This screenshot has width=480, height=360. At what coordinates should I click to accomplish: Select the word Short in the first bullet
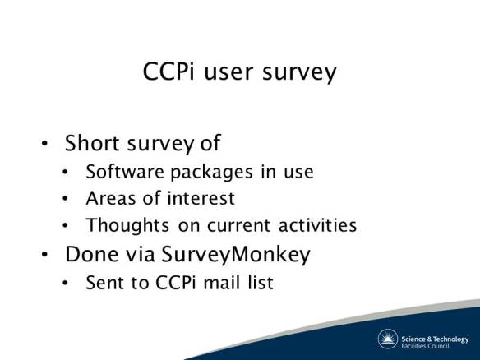(93, 143)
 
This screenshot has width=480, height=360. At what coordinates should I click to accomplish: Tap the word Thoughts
(124, 225)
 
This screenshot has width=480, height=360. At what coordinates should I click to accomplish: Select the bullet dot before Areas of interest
(67, 200)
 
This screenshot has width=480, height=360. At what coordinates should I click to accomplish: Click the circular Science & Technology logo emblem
(387, 339)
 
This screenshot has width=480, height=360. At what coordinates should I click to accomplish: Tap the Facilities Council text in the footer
(429, 344)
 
